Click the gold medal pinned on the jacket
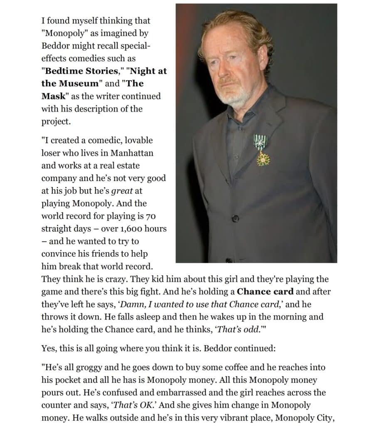tap(263, 158)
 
